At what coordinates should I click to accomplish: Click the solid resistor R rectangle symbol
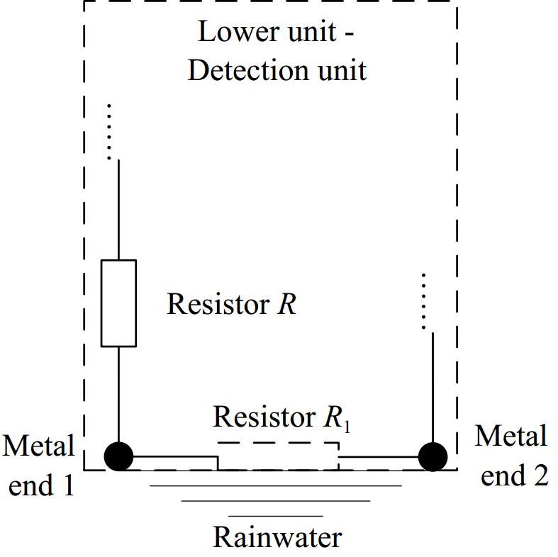pos(118,303)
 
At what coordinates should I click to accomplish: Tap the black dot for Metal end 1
pos(118,456)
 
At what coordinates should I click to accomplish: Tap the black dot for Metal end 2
pos(433,456)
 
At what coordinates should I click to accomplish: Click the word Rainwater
pos(277,538)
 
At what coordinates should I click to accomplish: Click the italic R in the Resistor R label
pos(286,304)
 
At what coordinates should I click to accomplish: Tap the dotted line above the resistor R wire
pos(109,131)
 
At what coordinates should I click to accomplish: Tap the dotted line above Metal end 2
pos(424,300)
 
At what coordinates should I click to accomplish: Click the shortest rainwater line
pos(276,516)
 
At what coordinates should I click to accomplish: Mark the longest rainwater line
pos(276,486)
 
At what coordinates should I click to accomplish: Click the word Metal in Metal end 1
pos(39,446)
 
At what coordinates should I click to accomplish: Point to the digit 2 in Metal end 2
pos(540,476)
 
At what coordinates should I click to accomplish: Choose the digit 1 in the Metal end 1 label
pos(69,486)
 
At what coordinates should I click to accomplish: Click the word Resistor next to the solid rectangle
pos(216,304)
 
